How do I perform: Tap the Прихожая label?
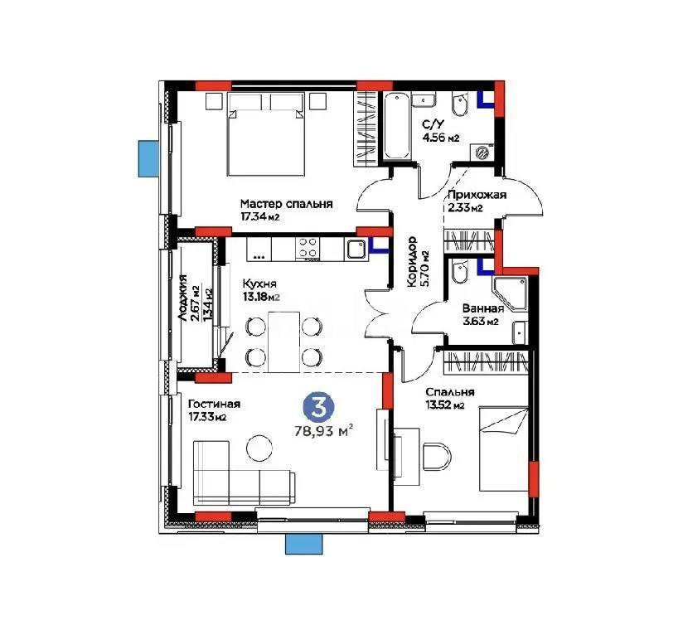(476, 195)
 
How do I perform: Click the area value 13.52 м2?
(444, 406)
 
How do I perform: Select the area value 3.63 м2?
(480, 322)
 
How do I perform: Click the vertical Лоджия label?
(182, 298)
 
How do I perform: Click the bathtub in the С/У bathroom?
(395, 126)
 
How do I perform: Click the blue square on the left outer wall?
(148, 157)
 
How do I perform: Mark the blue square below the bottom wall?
(296, 543)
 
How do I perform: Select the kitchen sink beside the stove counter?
(356, 248)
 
